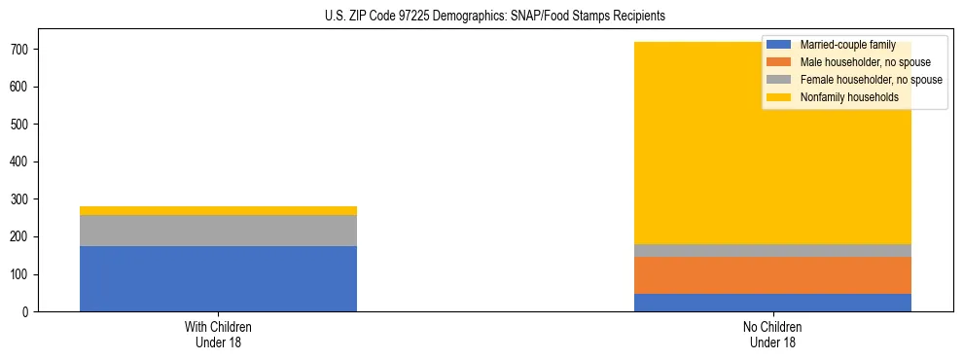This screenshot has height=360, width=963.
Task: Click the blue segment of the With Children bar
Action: (x=218, y=278)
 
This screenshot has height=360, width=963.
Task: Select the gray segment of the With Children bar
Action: (x=218, y=231)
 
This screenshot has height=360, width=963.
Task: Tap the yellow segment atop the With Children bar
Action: (x=218, y=210)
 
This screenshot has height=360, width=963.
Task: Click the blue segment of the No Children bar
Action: (x=772, y=303)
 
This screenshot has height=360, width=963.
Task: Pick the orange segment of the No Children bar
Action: (x=772, y=275)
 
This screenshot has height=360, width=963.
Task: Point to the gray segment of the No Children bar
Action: (x=772, y=250)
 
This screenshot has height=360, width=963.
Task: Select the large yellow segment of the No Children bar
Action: (x=681, y=146)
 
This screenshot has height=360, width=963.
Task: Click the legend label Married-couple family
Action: (x=847, y=45)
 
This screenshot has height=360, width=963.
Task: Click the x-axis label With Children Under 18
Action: (x=218, y=334)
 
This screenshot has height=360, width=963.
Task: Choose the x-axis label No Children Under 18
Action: (x=772, y=334)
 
